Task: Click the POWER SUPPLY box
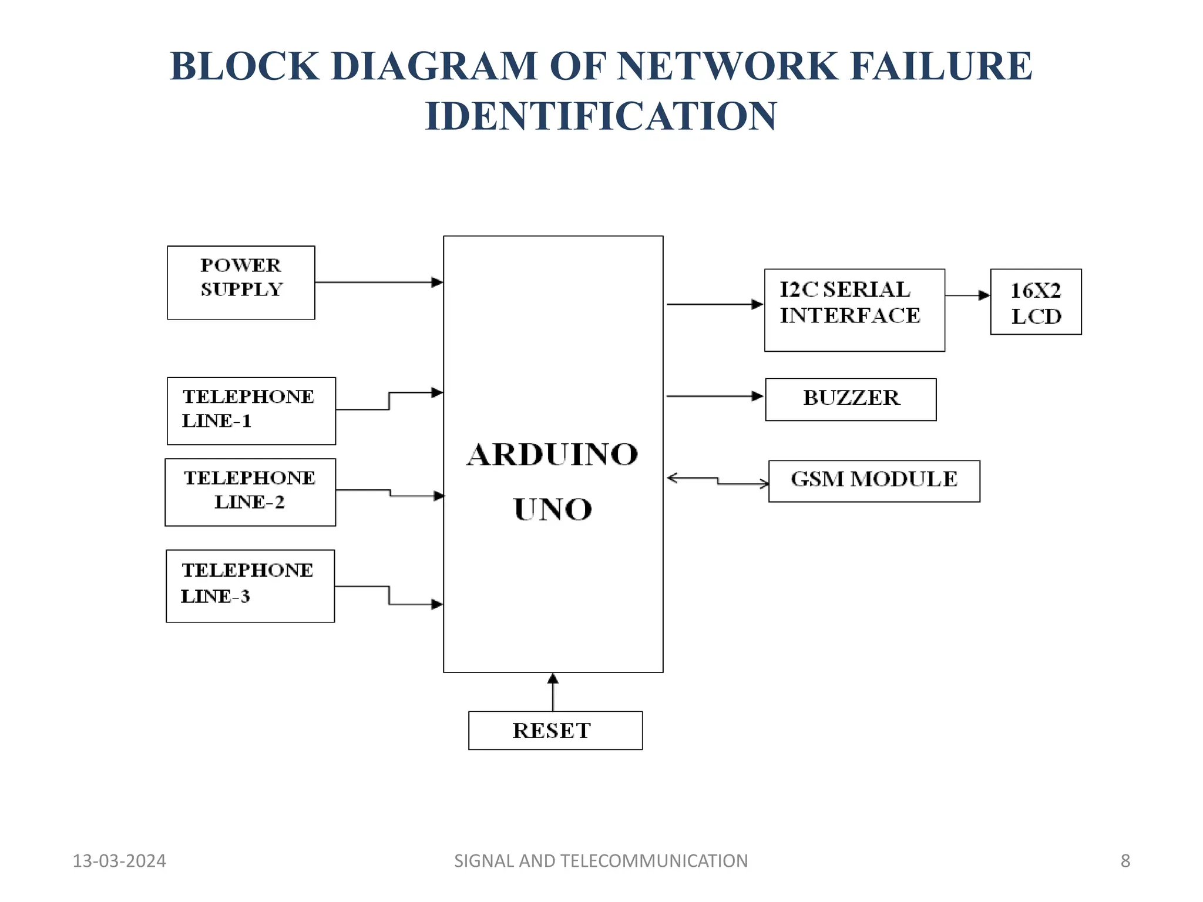(241, 282)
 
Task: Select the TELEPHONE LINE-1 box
(251, 410)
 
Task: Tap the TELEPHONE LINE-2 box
(250, 492)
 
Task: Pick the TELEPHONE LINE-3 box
(250, 585)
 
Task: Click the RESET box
(555, 730)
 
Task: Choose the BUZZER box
(850, 399)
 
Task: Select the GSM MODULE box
(873, 480)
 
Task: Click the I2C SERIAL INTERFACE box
(853, 309)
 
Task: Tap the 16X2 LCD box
(1035, 302)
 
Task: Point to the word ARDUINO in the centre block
(552, 455)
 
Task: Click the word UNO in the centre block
(552, 509)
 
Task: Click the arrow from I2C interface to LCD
(967, 295)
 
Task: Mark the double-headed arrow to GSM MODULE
(717, 481)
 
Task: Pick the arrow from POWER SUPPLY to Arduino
(378, 282)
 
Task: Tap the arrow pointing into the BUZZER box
(714, 396)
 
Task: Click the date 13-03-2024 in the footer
(119, 861)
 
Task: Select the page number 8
(1125, 861)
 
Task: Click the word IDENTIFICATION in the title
(601, 116)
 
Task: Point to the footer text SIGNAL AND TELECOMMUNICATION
(601, 861)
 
